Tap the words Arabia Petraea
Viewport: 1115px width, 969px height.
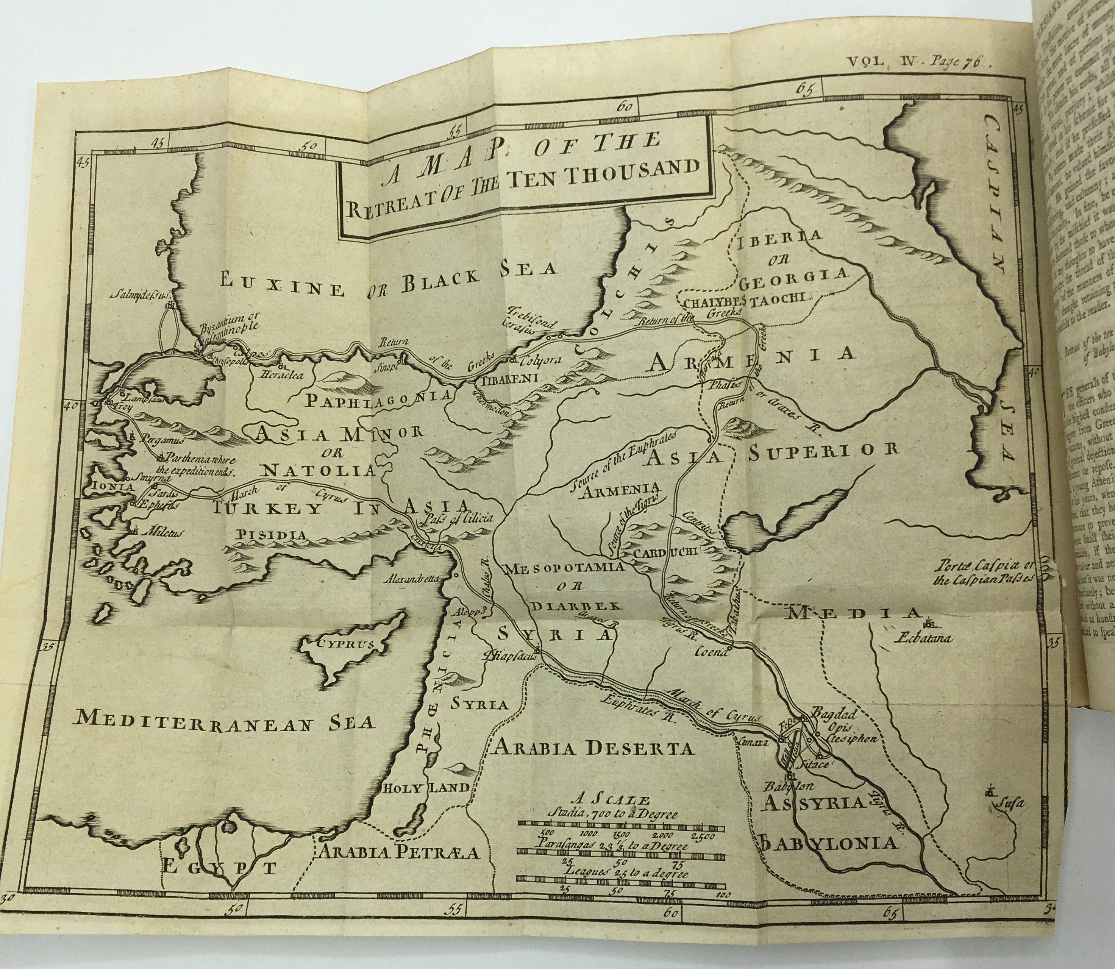click(398, 853)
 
